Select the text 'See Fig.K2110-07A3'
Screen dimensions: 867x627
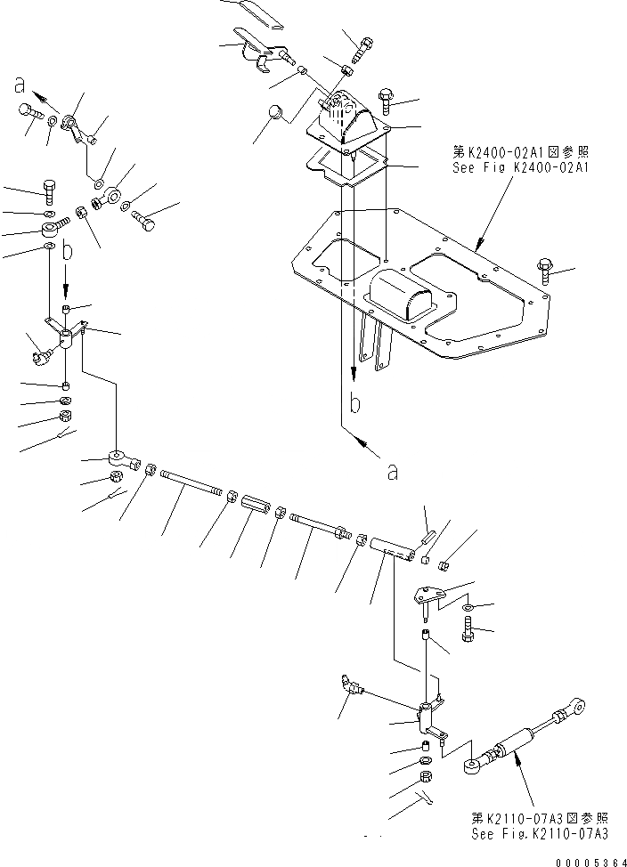point(540,834)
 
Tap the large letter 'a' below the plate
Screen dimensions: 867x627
point(393,472)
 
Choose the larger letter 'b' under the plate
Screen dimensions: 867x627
point(354,405)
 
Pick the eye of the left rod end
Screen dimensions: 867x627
point(118,458)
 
